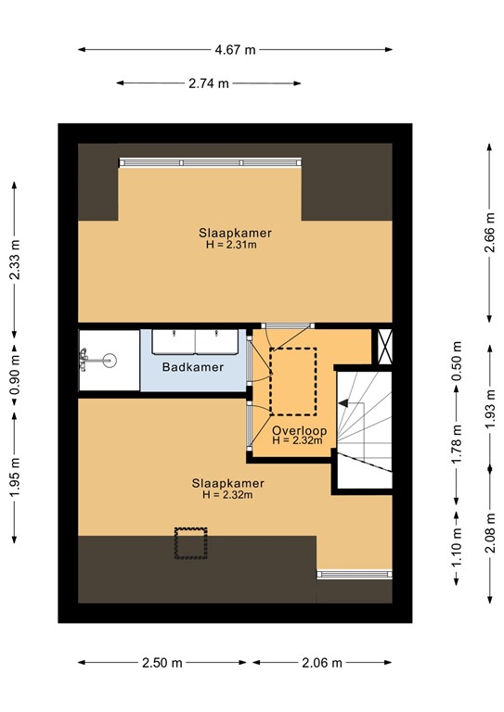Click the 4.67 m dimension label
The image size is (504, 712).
pos(235,50)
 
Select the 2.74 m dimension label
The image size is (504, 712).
pos(209,83)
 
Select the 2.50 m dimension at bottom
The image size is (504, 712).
pos(163,663)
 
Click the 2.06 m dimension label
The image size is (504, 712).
pos(321,663)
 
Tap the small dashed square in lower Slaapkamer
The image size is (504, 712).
pos(191,543)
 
